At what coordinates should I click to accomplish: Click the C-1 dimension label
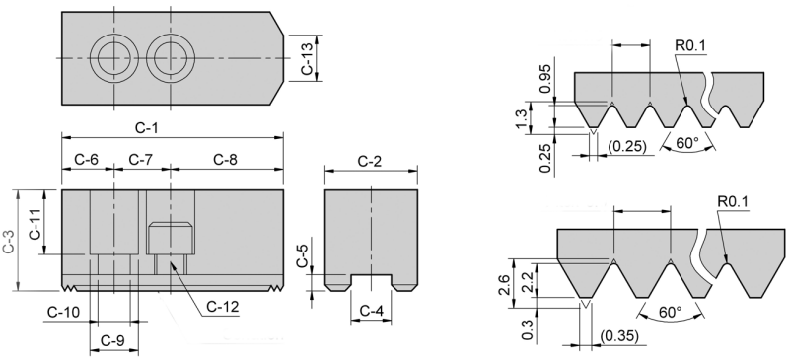(146, 128)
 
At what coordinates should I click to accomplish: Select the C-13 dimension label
(307, 58)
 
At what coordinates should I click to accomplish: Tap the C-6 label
(87, 160)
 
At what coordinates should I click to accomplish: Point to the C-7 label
(141, 160)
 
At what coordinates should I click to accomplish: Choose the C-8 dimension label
(225, 160)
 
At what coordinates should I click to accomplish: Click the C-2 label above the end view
(370, 161)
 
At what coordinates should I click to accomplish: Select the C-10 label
(63, 313)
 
